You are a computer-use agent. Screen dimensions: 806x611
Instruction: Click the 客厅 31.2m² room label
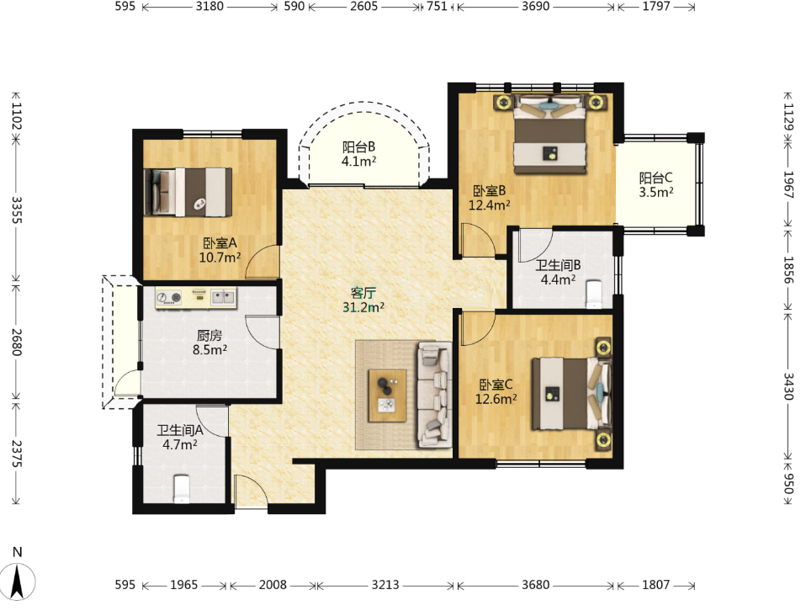pyautogui.click(x=363, y=300)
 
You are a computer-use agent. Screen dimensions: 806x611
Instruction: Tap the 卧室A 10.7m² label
pyautogui.click(x=220, y=250)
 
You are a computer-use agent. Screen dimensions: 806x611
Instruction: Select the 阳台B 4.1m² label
pyautogui.click(x=358, y=154)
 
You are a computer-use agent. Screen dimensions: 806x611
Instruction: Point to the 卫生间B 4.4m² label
pyautogui.click(x=559, y=273)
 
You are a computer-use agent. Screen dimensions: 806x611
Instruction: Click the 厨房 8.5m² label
pyautogui.click(x=209, y=343)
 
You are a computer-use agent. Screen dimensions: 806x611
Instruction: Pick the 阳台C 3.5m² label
pyautogui.click(x=656, y=185)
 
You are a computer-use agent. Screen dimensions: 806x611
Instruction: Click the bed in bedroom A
pyautogui.click(x=188, y=193)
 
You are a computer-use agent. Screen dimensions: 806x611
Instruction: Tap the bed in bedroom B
pyautogui.click(x=550, y=134)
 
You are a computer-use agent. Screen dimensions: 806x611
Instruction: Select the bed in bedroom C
pyautogui.click(x=571, y=394)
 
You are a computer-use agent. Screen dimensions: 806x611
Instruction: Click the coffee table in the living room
pyautogui.click(x=388, y=396)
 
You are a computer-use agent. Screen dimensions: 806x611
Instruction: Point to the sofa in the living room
pyautogui.click(x=435, y=395)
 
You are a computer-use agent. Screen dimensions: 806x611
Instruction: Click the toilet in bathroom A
pyautogui.click(x=182, y=489)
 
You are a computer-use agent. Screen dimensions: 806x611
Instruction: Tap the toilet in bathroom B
pyautogui.click(x=594, y=295)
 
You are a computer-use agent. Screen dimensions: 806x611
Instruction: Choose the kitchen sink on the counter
pyautogui.click(x=223, y=296)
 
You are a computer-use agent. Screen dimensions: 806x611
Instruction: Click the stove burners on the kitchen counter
pyautogui.click(x=169, y=297)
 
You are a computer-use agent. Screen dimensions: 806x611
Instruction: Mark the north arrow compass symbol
pyautogui.click(x=18, y=582)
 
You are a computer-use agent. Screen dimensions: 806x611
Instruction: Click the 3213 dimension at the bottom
pyautogui.click(x=385, y=585)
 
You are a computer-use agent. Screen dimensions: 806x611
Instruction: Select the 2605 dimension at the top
pyautogui.click(x=364, y=6)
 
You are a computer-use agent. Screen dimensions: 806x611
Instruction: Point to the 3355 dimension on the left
pyautogui.click(x=16, y=210)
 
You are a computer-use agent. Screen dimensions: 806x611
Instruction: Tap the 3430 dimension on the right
pyautogui.click(x=788, y=387)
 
